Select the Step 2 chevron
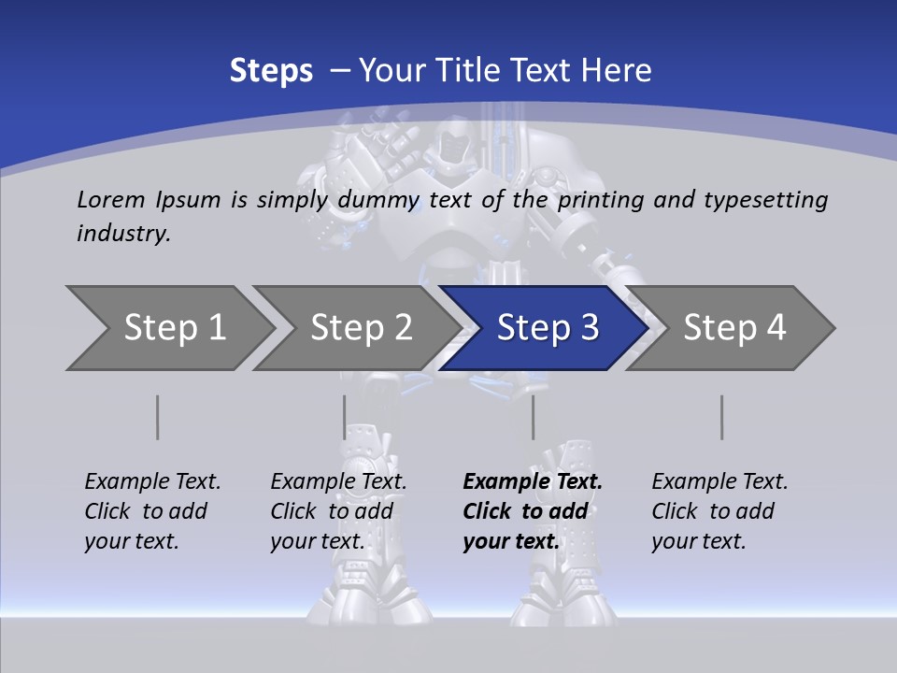tap(361, 328)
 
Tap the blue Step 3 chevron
tap(548, 328)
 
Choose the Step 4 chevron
tap(734, 328)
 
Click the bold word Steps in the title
tap(271, 71)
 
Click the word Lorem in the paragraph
tap(111, 199)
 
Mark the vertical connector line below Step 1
tap(158, 417)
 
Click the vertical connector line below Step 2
tap(345, 417)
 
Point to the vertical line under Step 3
tap(533, 417)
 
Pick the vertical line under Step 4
tap(722, 417)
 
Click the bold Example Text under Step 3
tap(533, 482)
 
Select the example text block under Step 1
tap(152, 511)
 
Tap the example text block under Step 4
tap(719, 511)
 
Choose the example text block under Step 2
tap(338, 511)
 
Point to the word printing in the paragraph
tap(600, 199)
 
